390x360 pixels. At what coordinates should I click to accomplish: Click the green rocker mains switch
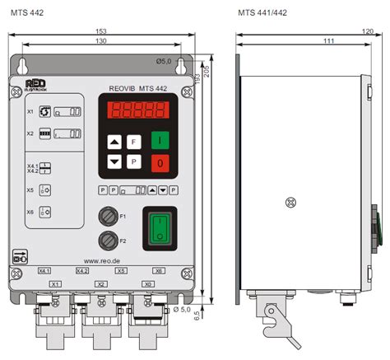(160, 228)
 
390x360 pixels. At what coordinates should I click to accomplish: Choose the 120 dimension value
(367, 32)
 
